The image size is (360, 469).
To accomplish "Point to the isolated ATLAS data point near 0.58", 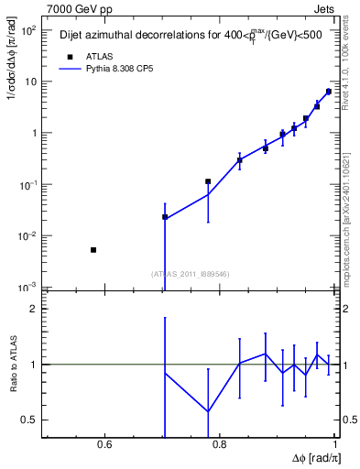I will pyautogui.click(x=93, y=249).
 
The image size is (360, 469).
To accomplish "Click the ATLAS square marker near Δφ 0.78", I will pyautogui.click(x=209, y=181).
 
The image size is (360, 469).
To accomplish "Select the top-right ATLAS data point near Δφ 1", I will pyautogui.click(x=329, y=92).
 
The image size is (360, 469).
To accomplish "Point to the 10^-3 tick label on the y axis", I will pyautogui.click(x=27, y=288).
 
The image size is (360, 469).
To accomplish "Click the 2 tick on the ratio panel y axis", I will pyautogui.click(x=34, y=309).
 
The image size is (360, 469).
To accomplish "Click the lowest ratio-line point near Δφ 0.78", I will pyautogui.click(x=209, y=411).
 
